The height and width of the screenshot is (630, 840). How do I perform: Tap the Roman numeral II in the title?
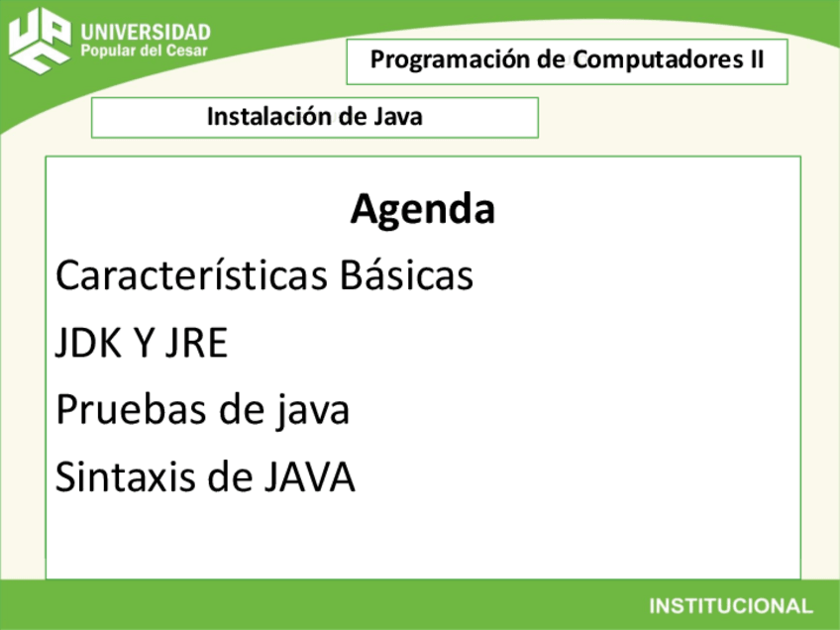point(755,60)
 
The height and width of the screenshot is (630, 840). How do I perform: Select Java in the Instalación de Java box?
point(398,117)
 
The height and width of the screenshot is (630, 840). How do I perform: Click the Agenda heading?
point(422,210)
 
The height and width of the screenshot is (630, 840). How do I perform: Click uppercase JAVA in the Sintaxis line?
point(308,477)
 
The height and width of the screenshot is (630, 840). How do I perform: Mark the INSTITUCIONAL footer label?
point(730,605)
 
